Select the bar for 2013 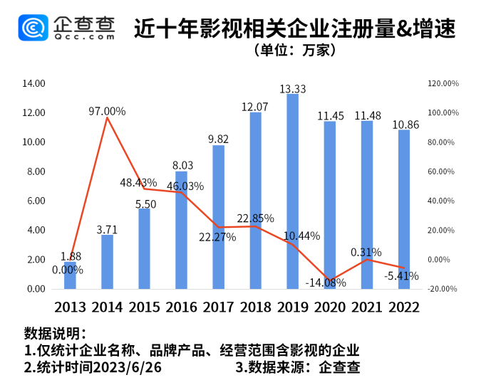click(70, 275)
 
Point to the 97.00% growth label click(107, 111)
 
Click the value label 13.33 click(293, 88)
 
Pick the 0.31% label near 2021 click(366, 252)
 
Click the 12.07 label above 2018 click(255, 107)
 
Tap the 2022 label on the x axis click(403, 307)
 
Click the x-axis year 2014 click(107, 307)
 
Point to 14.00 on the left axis click(34, 83)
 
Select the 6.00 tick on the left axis click(36, 201)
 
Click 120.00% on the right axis click(443, 83)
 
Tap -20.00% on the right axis click(443, 289)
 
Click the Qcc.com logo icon click(33, 27)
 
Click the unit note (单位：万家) click(294, 51)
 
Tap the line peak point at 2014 click(107, 118)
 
